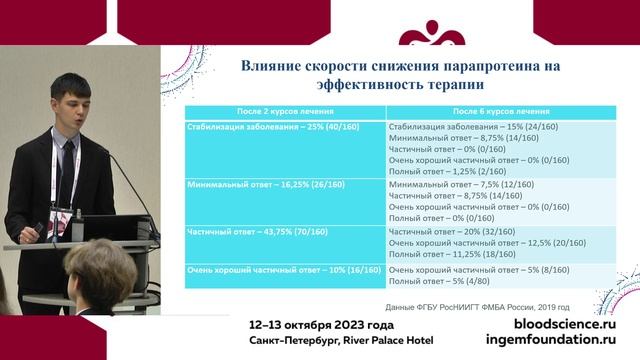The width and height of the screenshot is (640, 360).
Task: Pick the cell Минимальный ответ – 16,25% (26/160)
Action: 259,185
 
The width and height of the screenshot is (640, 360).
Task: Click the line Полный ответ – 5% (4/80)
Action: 438,281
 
